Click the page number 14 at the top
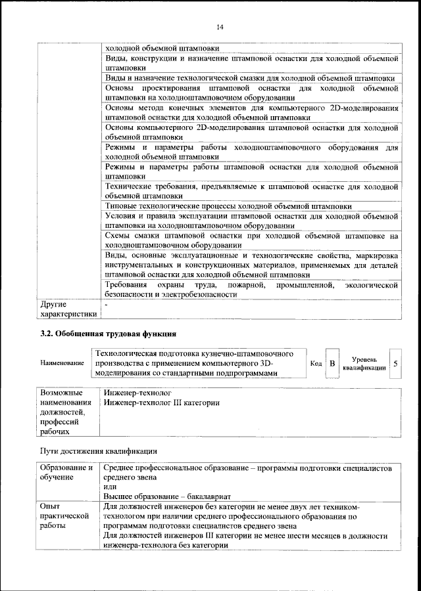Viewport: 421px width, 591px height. [219, 26]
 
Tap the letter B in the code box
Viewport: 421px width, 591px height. [332, 362]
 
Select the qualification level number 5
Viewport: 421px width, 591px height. [394, 362]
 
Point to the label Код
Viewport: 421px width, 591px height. [315, 363]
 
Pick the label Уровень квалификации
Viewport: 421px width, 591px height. [364, 363]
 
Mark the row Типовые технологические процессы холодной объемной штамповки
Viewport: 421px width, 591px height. [228, 206]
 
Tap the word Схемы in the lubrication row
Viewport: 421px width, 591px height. [119, 235]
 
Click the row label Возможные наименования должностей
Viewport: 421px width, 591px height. [64, 407]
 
